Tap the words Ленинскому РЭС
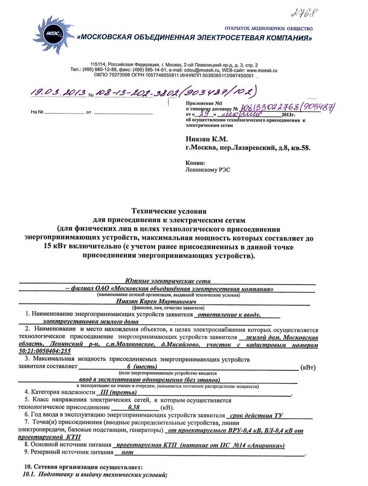coord(207,170)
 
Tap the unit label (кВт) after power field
coord(308,367)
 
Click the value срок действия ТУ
coord(257,415)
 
